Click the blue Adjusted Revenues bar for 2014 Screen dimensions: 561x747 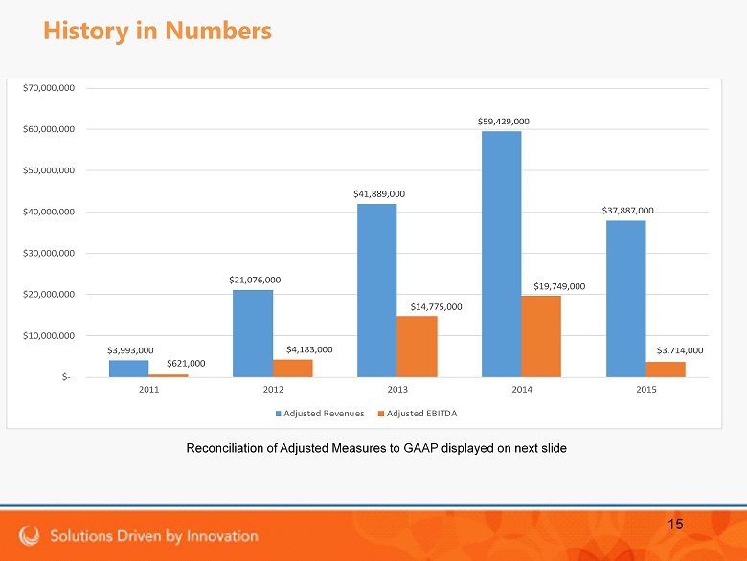click(501, 254)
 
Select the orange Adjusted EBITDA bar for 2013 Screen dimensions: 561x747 click(417, 346)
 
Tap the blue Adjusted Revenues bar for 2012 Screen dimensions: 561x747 click(252, 333)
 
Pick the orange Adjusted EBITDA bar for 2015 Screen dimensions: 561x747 click(665, 369)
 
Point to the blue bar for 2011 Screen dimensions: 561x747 click(128, 368)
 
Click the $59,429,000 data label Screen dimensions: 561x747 click(504, 122)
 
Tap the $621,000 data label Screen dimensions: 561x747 click(186, 364)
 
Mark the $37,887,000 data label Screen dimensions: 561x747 click(627, 210)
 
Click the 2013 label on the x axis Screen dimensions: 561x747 click(397, 391)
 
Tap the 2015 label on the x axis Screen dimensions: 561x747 click(645, 391)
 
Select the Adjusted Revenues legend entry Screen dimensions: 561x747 click(323, 414)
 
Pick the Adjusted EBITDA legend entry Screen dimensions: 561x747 click(425, 414)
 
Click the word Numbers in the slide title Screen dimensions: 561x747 click(218, 31)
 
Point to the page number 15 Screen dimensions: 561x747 click(675, 524)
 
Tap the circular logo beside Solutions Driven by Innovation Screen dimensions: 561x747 click(30, 535)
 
